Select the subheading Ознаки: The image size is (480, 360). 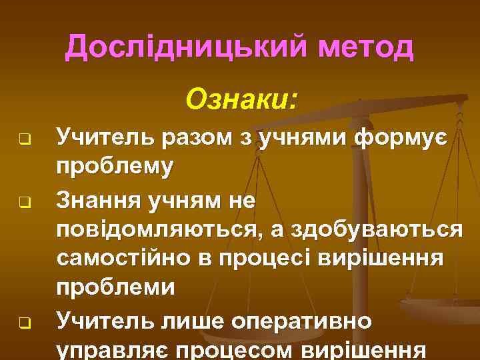tap(242, 99)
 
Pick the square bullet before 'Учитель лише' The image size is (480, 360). tap(22, 325)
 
